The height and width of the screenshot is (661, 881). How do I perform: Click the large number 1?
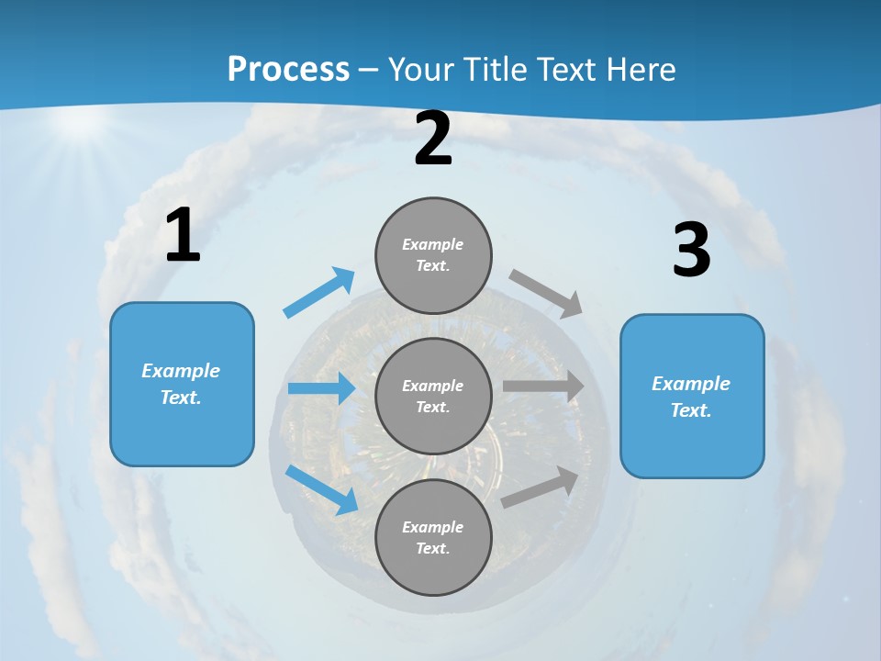pyautogui.click(x=183, y=236)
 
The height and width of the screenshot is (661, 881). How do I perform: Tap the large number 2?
pyautogui.click(x=433, y=140)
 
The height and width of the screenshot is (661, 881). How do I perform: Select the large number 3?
pyautogui.click(x=691, y=251)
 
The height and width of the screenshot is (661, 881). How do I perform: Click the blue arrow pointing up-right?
pyautogui.click(x=319, y=293)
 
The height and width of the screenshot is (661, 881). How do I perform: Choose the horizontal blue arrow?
pyautogui.click(x=321, y=388)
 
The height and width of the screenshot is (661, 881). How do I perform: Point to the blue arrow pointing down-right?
pyautogui.click(x=322, y=489)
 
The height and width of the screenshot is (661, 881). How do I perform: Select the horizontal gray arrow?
pyautogui.click(x=543, y=387)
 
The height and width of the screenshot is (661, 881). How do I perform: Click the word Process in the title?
pyautogui.click(x=288, y=69)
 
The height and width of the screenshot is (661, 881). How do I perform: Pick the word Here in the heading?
pyautogui.click(x=640, y=69)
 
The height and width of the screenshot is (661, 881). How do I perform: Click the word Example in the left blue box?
pyautogui.click(x=181, y=371)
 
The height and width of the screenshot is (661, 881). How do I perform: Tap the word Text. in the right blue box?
pyautogui.click(x=691, y=410)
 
